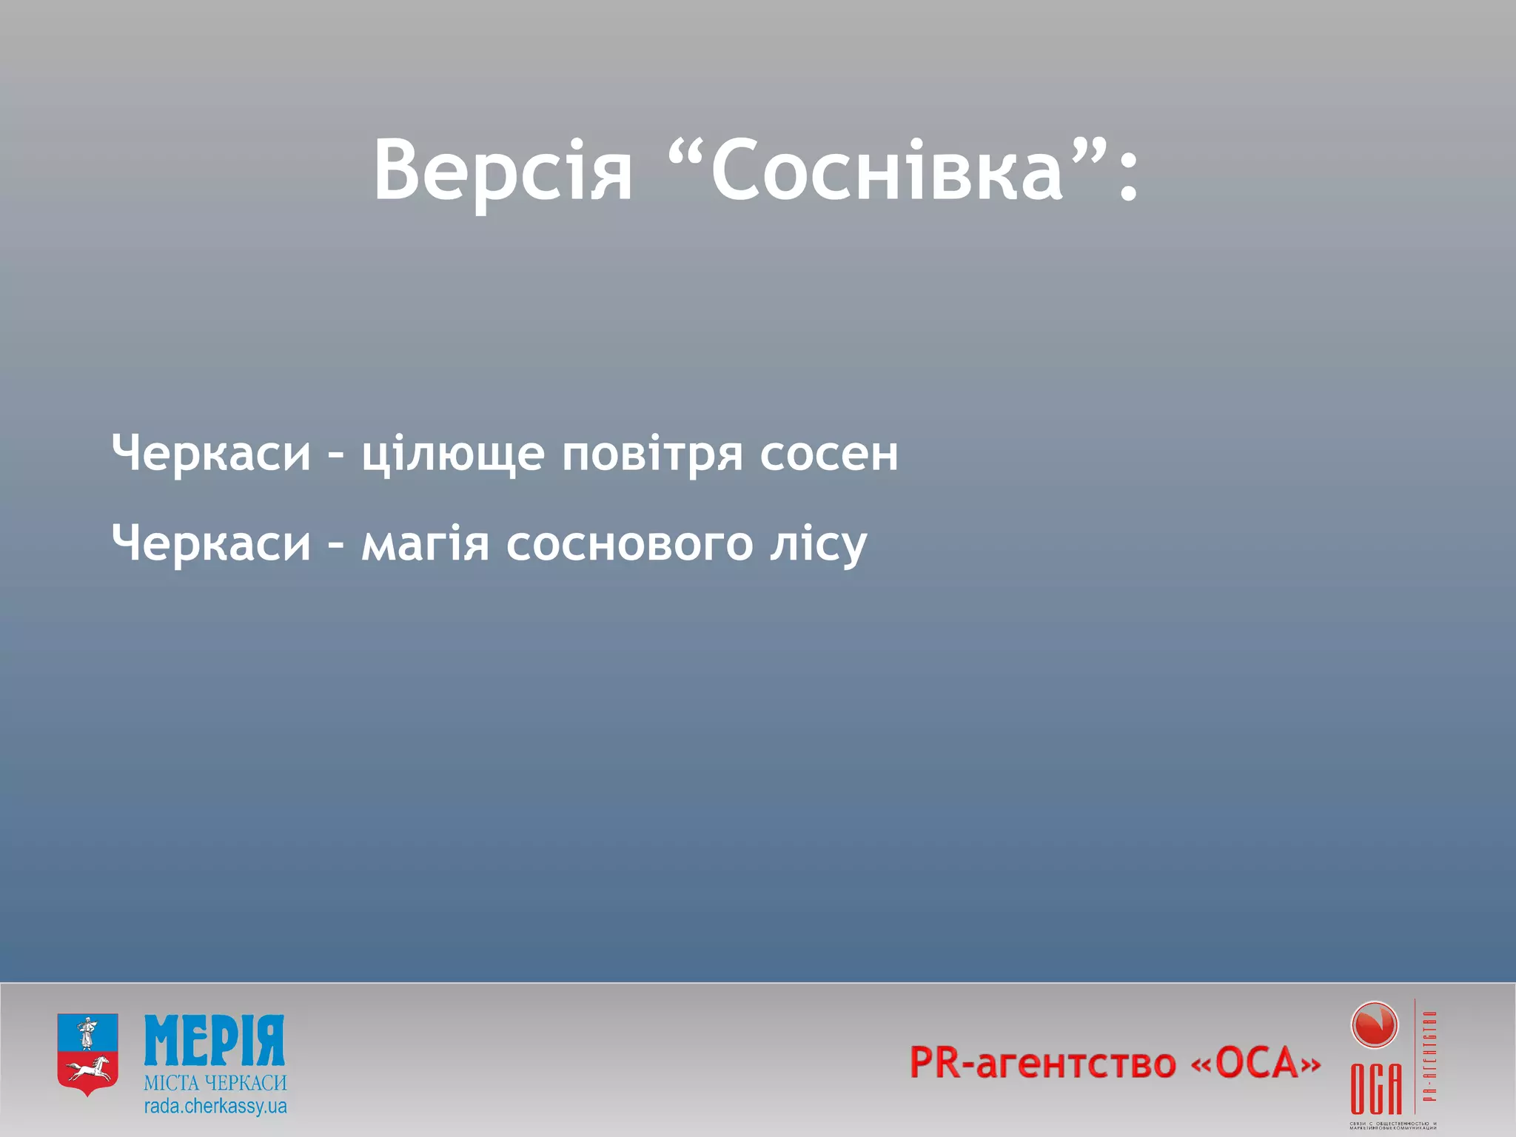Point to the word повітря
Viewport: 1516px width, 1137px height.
click(x=652, y=454)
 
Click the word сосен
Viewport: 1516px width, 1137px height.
click(x=829, y=454)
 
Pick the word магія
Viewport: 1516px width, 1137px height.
click(x=426, y=544)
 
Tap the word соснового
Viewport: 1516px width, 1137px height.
click(x=630, y=544)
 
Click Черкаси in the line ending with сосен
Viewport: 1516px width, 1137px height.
click(x=212, y=452)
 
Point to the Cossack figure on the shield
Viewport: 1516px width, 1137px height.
click(x=87, y=1032)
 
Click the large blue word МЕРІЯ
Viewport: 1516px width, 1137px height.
click(x=215, y=1041)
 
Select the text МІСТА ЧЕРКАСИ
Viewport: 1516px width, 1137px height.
click(x=215, y=1083)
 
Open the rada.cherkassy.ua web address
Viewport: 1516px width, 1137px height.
click(x=215, y=1107)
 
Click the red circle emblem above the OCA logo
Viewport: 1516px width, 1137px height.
click(x=1375, y=1025)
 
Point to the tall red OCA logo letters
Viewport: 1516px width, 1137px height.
click(x=1376, y=1088)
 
